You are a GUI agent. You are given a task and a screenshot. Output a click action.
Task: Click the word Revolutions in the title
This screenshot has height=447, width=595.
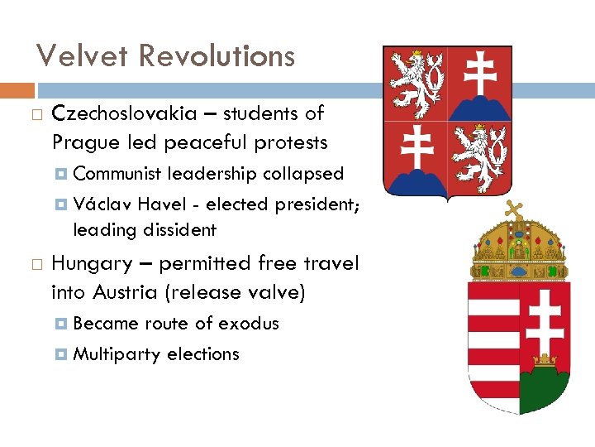[217, 56]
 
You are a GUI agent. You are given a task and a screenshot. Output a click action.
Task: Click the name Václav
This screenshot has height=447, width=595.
[102, 204]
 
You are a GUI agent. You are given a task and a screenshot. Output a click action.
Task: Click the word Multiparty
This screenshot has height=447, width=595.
[117, 353]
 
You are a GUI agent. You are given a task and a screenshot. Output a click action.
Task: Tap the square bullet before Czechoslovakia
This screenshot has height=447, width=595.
[34, 114]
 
